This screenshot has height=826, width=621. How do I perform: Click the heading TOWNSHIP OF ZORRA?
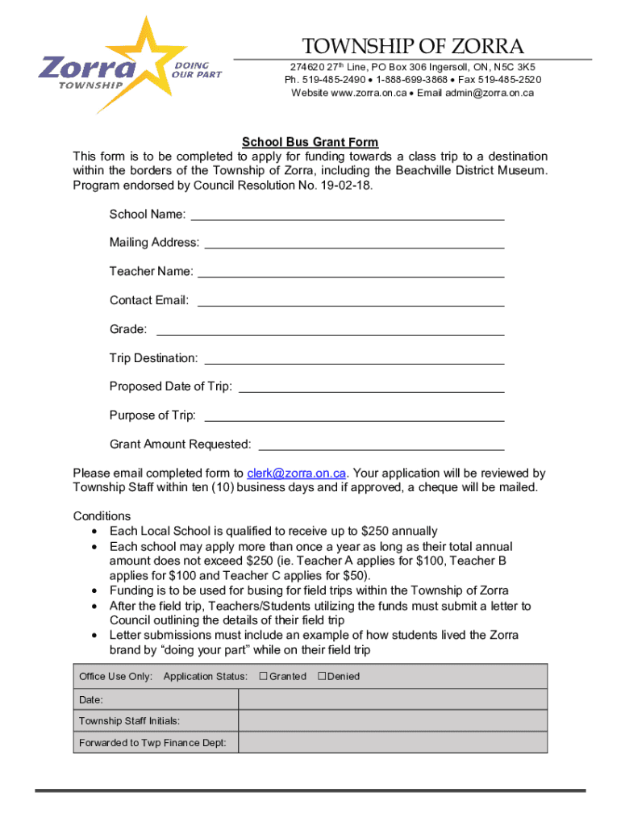point(412,47)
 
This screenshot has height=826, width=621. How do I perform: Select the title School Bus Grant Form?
point(299,142)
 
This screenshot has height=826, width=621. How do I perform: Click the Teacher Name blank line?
point(351,273)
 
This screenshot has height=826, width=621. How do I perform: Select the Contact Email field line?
point(351,302)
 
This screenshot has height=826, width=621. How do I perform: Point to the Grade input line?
point(330,331)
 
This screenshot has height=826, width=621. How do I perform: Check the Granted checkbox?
point(263,676)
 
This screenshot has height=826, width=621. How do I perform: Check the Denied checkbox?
point(322,676)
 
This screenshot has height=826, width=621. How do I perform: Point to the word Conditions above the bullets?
point(102,516)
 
